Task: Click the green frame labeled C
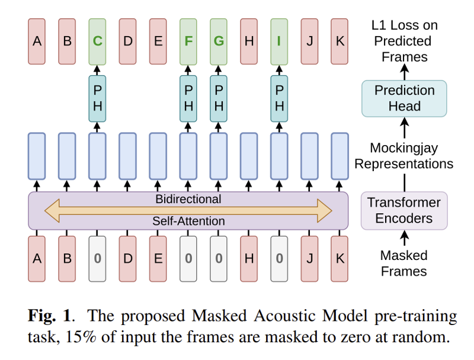click(97, 41)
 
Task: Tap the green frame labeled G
click(219, 41)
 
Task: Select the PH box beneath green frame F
click(188, 98)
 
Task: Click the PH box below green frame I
click(279, 98)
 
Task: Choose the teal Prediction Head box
click(405, 98)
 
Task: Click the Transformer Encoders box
click(404, 210)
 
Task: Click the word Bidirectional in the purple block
click(188, 199)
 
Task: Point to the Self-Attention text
click(188, 221)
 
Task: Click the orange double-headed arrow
click(188, 210)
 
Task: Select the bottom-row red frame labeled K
click(340, 259)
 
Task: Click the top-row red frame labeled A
click(37, 41)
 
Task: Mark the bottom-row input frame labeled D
click(127, 259)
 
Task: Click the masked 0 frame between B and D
click(97, 259)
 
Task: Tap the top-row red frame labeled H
click(249, 41)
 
